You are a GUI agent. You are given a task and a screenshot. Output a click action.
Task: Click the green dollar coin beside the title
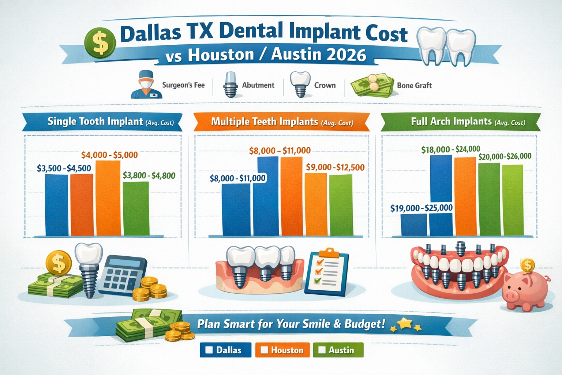(x=100, y=43)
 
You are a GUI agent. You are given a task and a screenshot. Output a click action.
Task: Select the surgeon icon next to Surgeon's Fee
(x=146, y=85)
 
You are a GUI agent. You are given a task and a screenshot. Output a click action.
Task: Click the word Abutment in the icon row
(x=258, y=85)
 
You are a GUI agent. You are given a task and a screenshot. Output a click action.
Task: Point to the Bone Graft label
(x=414, y=85)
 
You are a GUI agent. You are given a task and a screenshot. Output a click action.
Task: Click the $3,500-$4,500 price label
(x=64, y=168)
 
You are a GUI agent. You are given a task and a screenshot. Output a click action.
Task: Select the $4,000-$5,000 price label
(x=109, y=155)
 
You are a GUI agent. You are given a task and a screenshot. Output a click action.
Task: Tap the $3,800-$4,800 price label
(x=149, y=175)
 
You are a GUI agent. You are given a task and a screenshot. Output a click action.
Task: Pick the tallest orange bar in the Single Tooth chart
(x=108, y=198)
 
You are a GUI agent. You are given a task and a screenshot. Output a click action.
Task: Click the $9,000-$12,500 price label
(x=335, y=167)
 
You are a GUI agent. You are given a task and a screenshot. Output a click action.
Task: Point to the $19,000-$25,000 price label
(x=421, y=208)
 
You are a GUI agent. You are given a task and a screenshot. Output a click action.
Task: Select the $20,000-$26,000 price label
(x=505, y=156)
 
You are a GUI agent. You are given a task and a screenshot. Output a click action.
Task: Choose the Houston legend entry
(x=282, y=350)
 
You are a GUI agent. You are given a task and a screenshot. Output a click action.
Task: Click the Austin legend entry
(x=338, y=350)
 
